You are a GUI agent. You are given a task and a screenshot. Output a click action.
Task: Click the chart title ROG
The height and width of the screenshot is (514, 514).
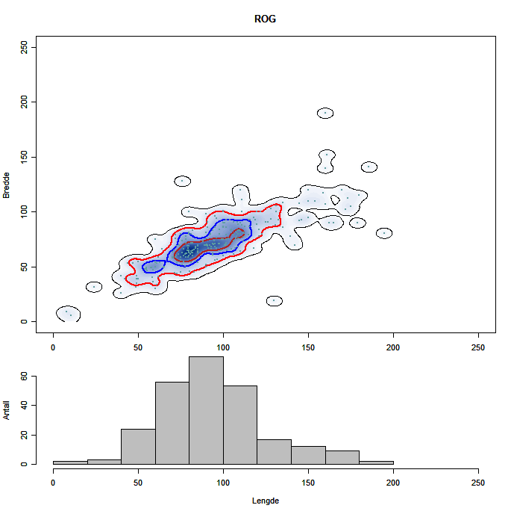(265, 19)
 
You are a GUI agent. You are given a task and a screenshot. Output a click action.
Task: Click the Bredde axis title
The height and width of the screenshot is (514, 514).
(7, 185)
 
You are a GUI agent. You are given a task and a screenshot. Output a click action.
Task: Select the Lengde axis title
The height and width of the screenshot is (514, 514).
(265, 501)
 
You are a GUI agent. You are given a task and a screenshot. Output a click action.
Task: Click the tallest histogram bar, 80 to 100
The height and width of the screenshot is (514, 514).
(206, 411)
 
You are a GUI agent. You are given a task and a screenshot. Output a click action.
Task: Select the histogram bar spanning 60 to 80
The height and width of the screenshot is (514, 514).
(172, 424)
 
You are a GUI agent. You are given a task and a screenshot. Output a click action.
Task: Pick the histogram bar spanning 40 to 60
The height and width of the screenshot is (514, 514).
(138, 447)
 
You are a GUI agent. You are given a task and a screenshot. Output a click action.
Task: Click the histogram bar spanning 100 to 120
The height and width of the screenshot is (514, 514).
(240, 425)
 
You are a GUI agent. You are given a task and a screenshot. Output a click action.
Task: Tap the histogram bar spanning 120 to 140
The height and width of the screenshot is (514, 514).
(274, 452)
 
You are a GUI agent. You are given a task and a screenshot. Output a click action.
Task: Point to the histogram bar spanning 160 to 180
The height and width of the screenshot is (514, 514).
(342, 457)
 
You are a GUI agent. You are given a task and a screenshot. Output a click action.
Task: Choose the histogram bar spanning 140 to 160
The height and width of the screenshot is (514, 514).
(308, 455)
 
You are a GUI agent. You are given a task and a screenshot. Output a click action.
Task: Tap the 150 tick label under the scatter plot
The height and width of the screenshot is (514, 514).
(308, 347)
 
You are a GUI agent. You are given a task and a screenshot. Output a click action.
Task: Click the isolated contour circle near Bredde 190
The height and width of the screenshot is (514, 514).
(325, 114)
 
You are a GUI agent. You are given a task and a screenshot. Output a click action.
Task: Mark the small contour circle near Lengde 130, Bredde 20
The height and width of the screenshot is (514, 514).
(274, 300)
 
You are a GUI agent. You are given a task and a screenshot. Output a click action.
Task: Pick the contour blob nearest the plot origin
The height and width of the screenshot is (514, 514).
(68, 313)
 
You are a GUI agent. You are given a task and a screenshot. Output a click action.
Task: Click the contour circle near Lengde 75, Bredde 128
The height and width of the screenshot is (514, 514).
(182, 181)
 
